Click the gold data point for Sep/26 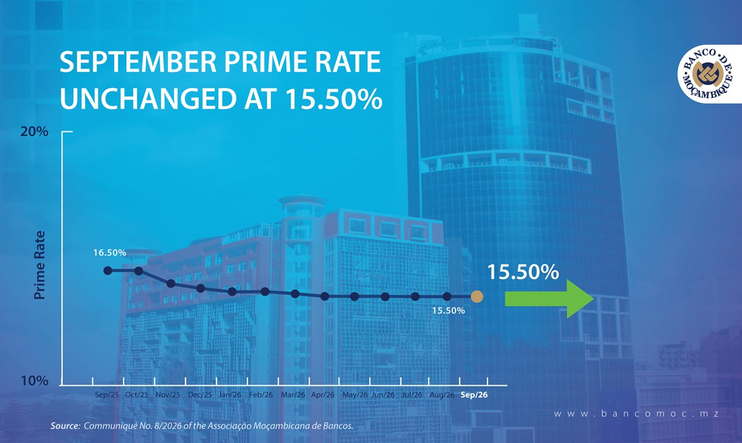[x=477, y=297]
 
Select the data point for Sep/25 [x=108, y=270]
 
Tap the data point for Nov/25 [x=171, y=283]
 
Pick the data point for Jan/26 [x=232, y=292]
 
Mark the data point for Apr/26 [x=325, y=297]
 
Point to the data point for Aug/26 [x=447, y=297]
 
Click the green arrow [x=549, y=299]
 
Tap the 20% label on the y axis [x=35, y=132]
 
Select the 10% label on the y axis [x=35, y=381]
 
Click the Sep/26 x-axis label [x=474, y=395]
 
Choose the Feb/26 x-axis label [x=261, y=395]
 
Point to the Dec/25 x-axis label [x=199, y=395]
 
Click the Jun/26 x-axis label [x=383, y=395]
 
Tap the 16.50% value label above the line [x=109, y=253]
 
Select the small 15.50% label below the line [x=448, y=311]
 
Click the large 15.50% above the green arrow [x=523, y=272]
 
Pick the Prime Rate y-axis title [x=40, y=265]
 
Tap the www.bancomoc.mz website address [x=636, y=414]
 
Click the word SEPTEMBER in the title [x=138, y=62]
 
